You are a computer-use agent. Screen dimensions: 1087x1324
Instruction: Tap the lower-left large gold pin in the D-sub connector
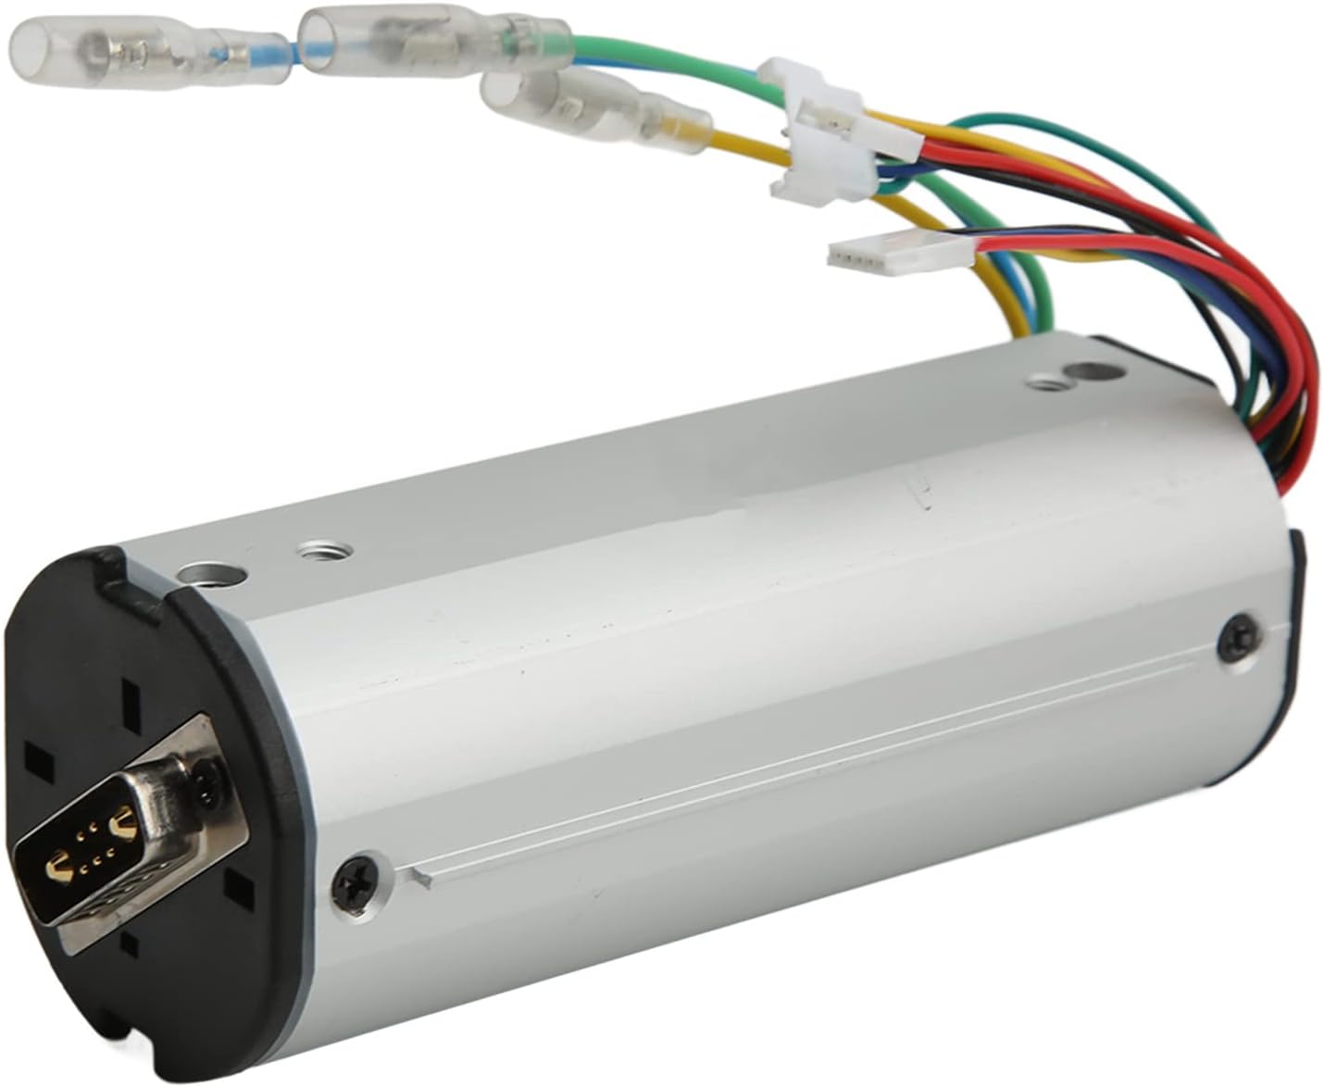[57, 867]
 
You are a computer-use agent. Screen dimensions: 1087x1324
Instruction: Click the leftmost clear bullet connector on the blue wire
[102, 44]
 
